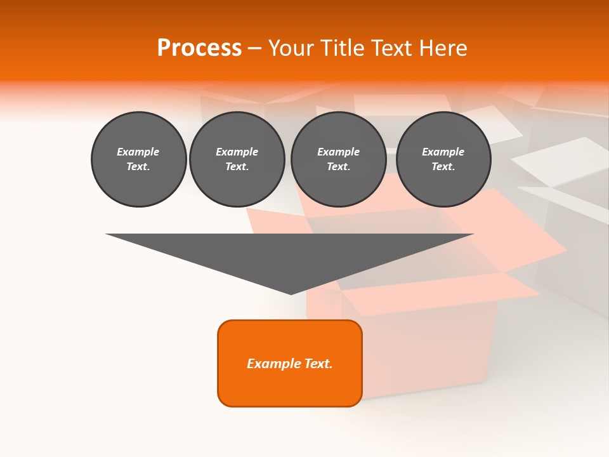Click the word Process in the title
[199, 48]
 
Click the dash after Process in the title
[255, 49]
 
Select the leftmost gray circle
[139, 159]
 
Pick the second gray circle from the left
[237, 159]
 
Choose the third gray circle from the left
[338, 159]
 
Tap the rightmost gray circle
[443, 159]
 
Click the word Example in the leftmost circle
[138, 152]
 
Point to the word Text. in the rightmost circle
[443, 167]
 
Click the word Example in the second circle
[237, 152]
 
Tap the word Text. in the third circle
[338, 167]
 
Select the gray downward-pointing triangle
[290, 254]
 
